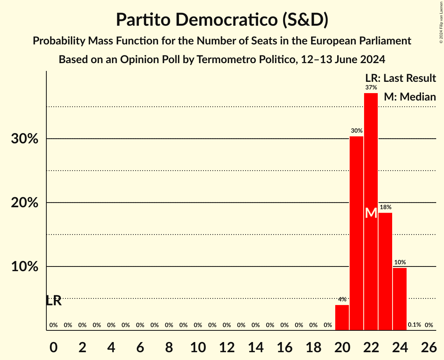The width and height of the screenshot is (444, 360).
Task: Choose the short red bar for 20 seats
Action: pos(342,318)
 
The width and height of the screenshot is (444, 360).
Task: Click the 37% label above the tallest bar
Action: pos(371,88)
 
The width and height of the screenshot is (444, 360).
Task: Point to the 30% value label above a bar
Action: pos(357,131)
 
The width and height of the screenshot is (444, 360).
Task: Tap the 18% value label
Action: pos(386,207)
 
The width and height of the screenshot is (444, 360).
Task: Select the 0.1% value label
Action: pos(414,325)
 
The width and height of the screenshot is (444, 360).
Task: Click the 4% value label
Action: pos(342,300)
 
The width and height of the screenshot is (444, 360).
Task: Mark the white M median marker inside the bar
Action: pos(371,213)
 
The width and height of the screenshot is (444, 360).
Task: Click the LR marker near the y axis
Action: pos(53,301)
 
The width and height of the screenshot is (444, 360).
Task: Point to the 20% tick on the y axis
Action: pos(25,203)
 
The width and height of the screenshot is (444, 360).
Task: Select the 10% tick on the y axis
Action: pos(25,267)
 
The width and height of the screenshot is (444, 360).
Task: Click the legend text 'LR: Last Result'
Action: pos(400,78)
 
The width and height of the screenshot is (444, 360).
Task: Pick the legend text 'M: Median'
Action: pos(410,97)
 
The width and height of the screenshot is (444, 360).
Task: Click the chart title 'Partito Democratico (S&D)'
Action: pos(222,20)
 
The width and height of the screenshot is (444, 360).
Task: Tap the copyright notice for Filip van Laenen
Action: pos(441,21)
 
